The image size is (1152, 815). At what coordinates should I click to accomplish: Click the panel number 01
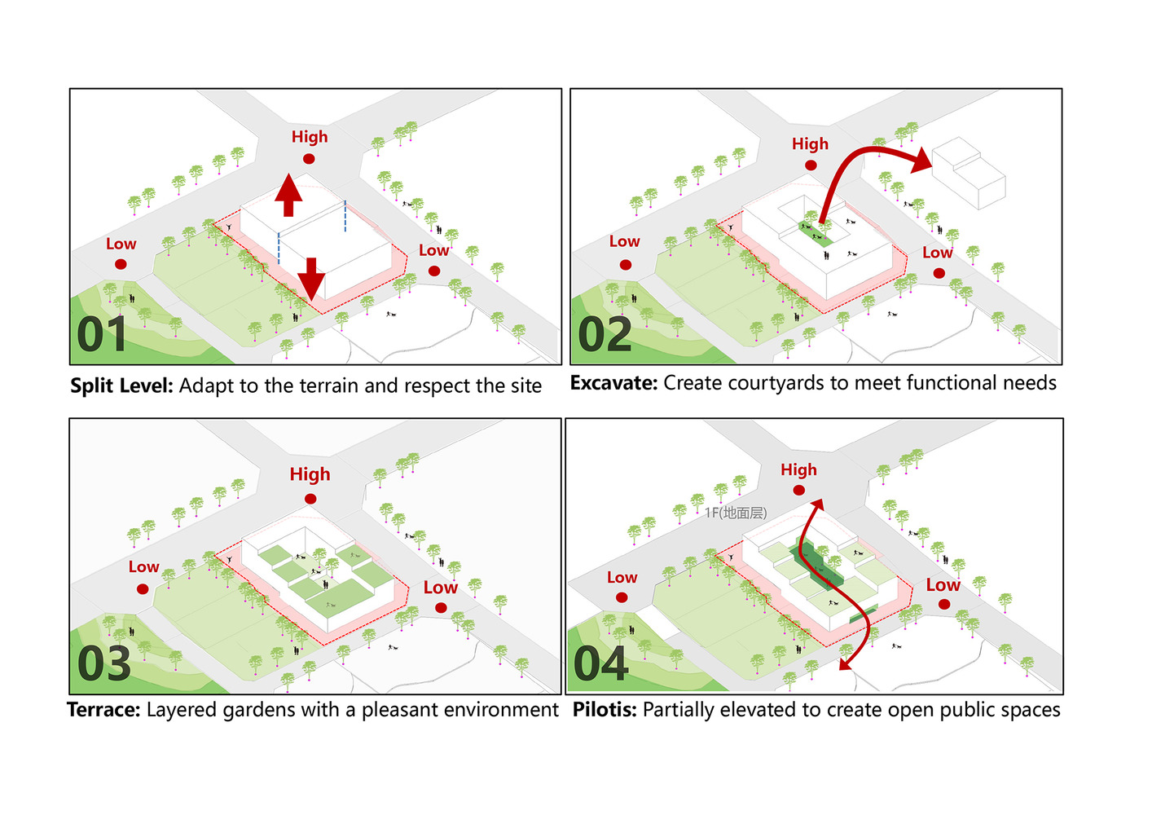[x=103, y=334]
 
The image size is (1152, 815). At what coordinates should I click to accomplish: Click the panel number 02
[x=605, y=334]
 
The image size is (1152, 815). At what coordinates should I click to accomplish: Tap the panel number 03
[x=104, y=663]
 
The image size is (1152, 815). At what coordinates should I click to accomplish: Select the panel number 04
[x=601, y=663]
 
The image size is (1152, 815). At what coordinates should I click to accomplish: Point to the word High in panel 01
[x=310, y=137]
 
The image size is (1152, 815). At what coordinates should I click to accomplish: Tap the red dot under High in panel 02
[x=811, y=165]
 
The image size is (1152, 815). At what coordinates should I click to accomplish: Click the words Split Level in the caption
[x=121, y=385]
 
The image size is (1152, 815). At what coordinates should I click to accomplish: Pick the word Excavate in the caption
[x=613, y=383]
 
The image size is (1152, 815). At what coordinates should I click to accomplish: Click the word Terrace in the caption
[x=103, y=710]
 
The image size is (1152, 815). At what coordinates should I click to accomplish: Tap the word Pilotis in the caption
[x=605, y=710]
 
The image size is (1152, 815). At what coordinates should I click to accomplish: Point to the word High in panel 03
[x=310, y=474]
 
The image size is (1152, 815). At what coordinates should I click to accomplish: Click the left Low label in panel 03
[x=143, y=567]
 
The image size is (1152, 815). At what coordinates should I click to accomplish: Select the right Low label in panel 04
[x=943, y=585]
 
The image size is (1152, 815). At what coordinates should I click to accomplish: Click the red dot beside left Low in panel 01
[x=121, y=264]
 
